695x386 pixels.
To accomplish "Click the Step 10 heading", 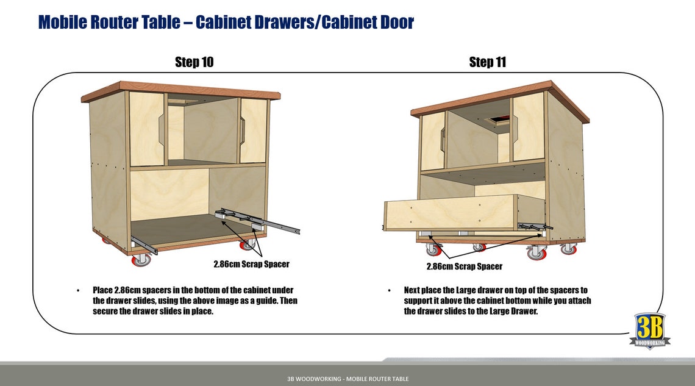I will (194, 62).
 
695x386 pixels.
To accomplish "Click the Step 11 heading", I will (487, 62).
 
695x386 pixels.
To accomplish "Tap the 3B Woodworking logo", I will (650, 330).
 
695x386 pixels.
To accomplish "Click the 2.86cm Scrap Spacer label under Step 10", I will (251, 265).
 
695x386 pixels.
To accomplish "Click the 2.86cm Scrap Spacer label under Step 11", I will (464, 266).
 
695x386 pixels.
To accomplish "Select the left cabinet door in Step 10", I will (147, 129).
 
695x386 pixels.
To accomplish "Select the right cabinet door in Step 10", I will (253, 130).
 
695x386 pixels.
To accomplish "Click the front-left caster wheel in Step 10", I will (141, 259).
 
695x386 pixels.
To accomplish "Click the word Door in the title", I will (393, 23).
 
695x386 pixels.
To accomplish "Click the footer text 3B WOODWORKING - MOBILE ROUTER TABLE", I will (347, 379).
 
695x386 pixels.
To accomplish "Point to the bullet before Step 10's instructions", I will (78, 290).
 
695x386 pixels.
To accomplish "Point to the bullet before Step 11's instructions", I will (389, 290).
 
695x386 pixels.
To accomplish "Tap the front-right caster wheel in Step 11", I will (537, 253).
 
